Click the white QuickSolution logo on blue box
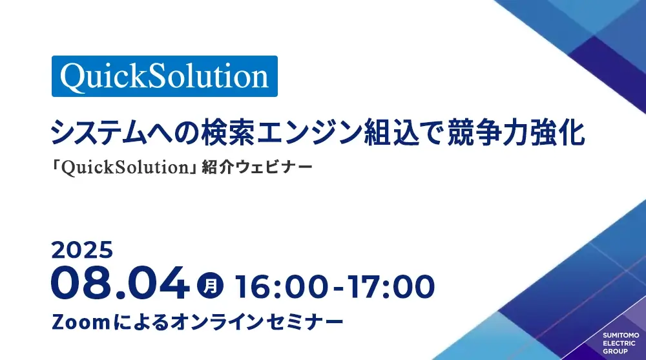click(x=164, y=76)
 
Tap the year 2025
click(x=82, y=250)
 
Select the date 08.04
click(x=120, y=282)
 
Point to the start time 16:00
click(x=282, y=286)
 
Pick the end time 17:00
click(x=391, y=286)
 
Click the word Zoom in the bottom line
click(x=81, y=322)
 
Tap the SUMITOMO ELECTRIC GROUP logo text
click(x=620, y=343)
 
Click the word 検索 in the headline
click(x=228, y=132)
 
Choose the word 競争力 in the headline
click(x=488, y=132)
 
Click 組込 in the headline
click(x=391, y=132)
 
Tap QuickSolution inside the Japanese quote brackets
click(x=126, y=167)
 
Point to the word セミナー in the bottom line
click(x=305, y=322)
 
